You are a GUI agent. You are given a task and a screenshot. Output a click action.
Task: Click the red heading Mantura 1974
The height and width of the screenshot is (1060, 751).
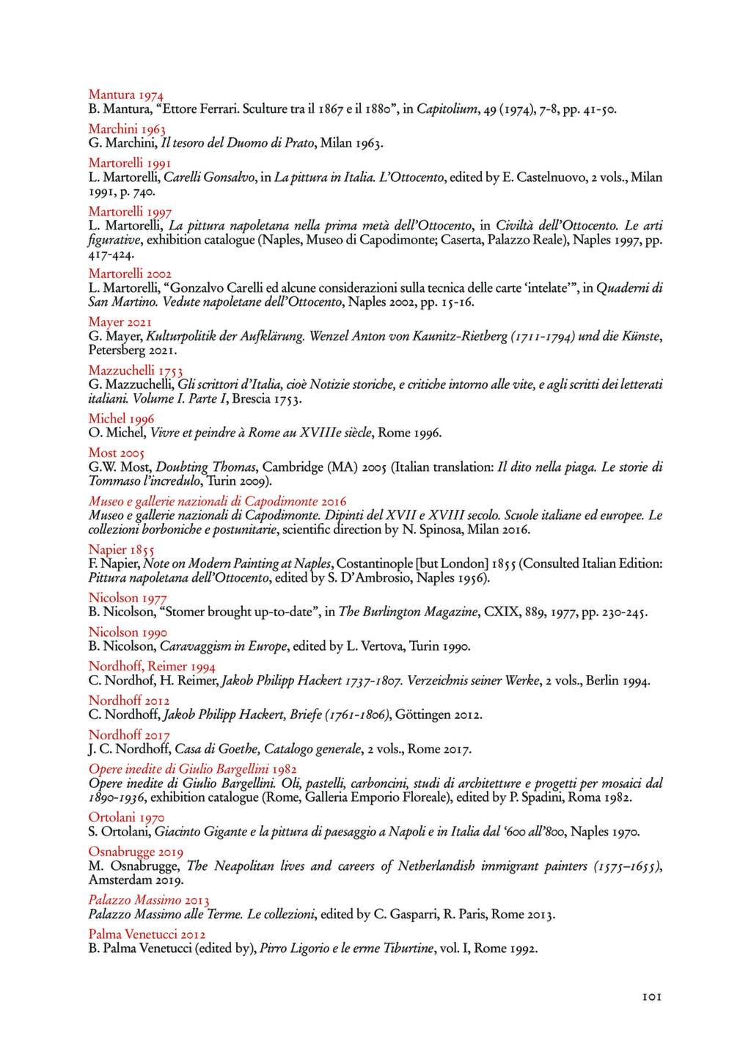pos(125,95)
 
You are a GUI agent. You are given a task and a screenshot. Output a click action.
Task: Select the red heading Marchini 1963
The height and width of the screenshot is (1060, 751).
pos(127,129)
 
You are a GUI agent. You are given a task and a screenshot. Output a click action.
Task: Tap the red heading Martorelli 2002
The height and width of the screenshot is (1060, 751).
pos(130,274)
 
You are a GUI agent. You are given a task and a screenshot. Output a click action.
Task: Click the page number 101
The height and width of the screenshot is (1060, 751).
pos(651,997)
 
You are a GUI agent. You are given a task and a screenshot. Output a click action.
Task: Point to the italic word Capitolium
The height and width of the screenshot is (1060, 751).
pos(447,110)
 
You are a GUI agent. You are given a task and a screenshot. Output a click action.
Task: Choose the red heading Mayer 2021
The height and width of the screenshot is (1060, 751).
pos(120,322)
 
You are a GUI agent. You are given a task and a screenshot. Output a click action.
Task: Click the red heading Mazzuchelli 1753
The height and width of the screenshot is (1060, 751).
pos(136,370)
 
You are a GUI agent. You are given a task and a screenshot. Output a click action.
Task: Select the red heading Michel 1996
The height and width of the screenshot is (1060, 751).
pos(121,419)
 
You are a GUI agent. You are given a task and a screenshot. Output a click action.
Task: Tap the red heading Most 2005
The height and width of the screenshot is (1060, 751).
pos(117,453)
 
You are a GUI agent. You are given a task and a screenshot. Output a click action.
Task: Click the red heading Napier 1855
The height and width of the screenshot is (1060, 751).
pos(122,549)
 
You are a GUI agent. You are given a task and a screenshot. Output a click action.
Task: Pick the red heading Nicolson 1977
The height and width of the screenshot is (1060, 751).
pos(128,598)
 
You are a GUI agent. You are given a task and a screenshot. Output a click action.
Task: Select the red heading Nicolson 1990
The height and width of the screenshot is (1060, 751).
pos(128,632)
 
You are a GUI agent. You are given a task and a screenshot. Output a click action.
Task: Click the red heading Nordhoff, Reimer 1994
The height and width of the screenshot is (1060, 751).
pos(152,666)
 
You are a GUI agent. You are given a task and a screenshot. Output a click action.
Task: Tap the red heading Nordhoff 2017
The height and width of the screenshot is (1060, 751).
pos(129,735)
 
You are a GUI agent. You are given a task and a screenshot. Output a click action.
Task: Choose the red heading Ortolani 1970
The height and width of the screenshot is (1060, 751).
pos(126,817)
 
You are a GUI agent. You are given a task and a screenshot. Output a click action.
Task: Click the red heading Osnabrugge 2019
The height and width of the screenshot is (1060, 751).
pos(136,852)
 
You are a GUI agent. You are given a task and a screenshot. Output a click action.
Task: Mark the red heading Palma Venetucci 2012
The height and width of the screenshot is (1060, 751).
pos(147,934)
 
